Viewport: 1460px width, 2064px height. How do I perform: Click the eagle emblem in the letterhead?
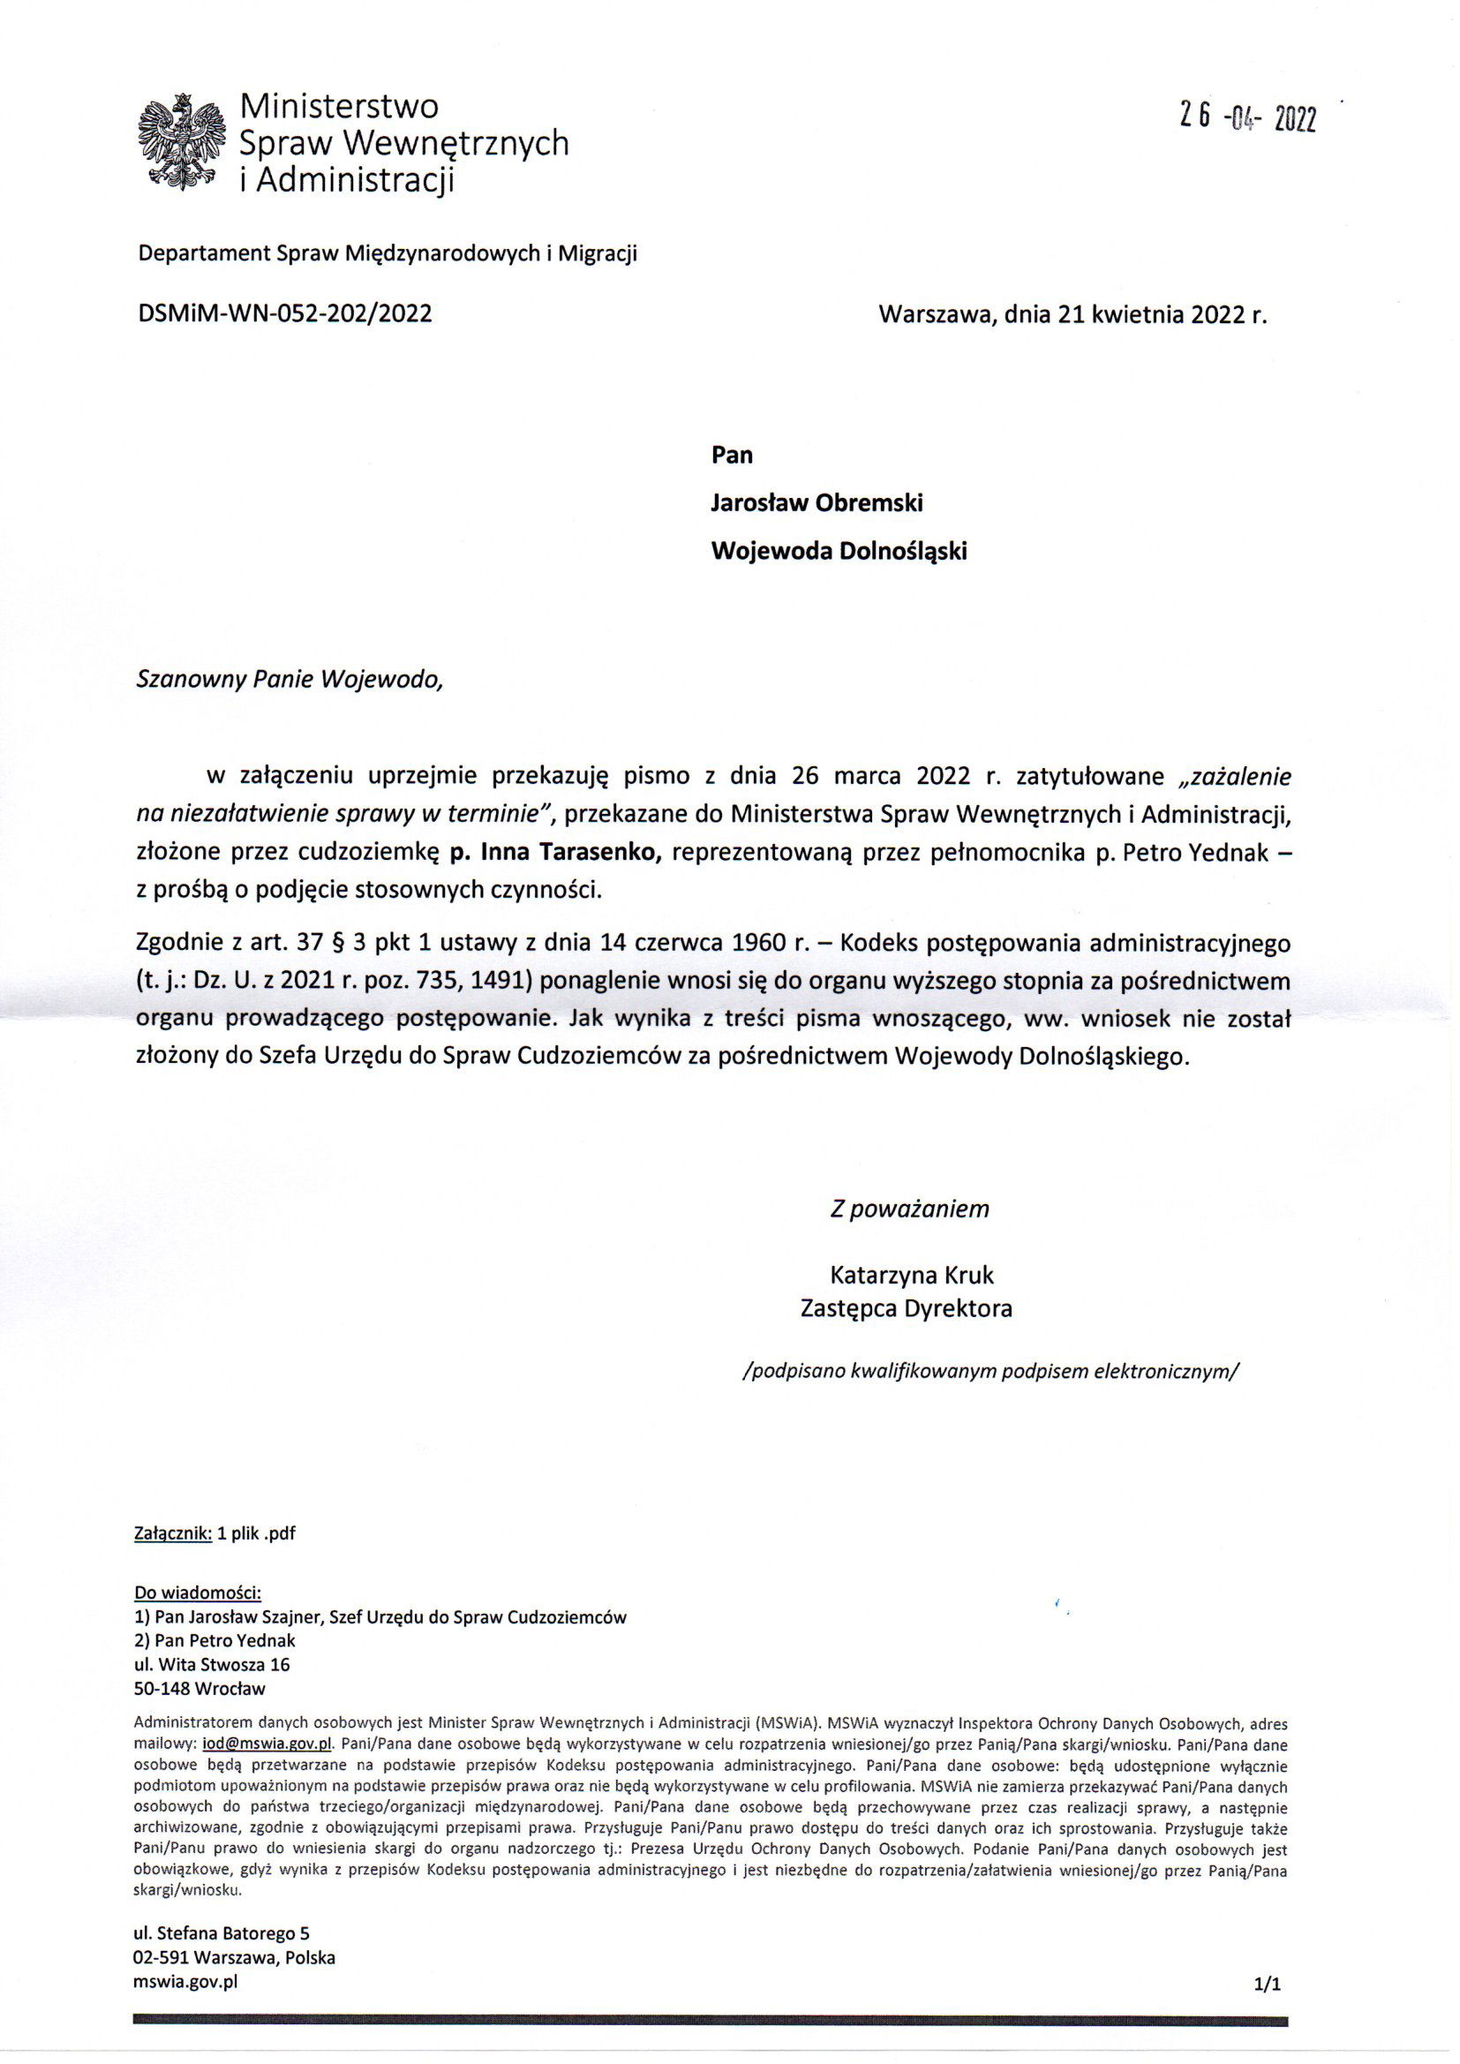182,142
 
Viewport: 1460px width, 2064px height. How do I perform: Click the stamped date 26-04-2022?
1249,117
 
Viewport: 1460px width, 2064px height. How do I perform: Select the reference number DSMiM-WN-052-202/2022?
285,313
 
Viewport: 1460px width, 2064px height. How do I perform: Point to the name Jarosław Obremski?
817,502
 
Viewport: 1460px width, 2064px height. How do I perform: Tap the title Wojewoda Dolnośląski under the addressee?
839,550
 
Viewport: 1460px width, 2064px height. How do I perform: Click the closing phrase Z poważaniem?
909,1209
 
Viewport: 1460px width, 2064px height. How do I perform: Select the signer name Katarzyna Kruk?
912,1275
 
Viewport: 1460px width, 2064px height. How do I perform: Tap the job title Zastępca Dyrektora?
907,1308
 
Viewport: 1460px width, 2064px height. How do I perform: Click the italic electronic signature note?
990,1372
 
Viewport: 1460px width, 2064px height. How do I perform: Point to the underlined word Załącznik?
173,1533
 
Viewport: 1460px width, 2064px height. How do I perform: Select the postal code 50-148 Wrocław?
199,1688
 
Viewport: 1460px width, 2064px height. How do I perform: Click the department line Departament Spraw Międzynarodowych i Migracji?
388,254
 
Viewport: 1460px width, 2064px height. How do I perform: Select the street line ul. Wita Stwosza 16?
212,1665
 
